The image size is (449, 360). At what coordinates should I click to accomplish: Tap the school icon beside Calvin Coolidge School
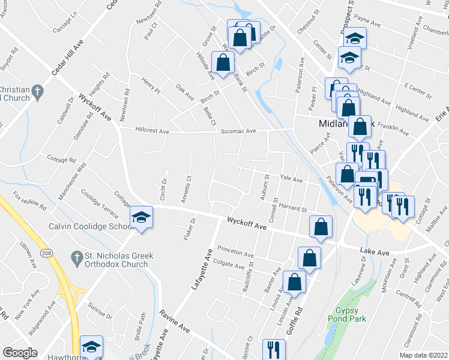click(x=141, y=217)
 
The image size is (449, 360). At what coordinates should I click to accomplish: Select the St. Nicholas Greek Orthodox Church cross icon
click(x=76, y=259)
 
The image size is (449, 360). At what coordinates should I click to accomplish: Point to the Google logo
click(x=20, y=353)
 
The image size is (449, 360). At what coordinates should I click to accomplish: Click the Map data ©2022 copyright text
click(x=424, y=355)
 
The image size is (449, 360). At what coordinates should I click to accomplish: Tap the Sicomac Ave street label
click(x=238, y=130)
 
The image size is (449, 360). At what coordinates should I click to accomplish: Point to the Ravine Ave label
click(x=175, y=322)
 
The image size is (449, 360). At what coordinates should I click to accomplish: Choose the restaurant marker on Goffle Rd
click(x=274, y=349)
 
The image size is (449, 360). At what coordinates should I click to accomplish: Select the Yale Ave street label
click(x=291, y=179)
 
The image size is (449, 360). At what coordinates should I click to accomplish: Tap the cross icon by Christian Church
click(x=37, y=92)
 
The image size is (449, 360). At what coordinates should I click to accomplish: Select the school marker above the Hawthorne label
click(x=91, y=346)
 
